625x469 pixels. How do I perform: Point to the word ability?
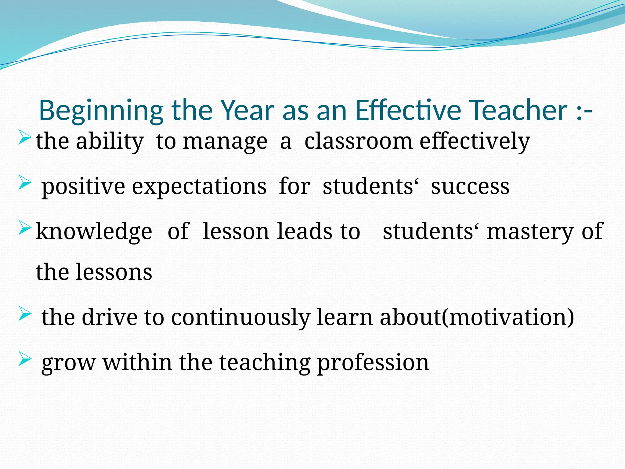(x=110, y=142)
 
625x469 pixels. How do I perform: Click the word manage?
(x=225, y=142)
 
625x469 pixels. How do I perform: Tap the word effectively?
(x=475, y=142)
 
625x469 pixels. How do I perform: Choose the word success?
(x=470, y=186)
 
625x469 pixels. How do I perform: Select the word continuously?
(x=240, y=318)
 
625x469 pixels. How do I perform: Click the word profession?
(x=373, y=363)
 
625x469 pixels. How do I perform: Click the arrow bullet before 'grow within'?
(x=24, y=359)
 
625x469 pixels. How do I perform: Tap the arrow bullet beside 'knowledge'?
(x=24, y=228)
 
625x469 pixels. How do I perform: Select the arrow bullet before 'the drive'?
(x=24, y=314)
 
